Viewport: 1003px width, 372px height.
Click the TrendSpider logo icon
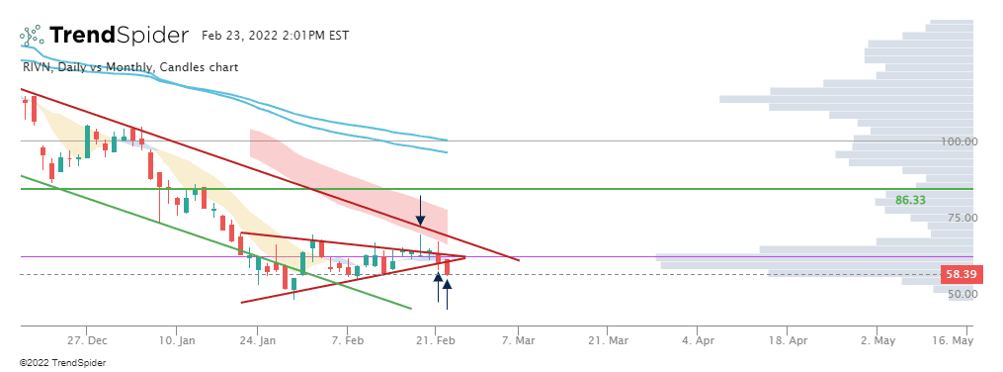32,36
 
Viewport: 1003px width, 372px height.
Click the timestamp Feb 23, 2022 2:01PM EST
275,36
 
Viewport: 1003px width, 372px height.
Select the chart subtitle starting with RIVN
130,67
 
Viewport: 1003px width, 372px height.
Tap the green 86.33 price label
909,200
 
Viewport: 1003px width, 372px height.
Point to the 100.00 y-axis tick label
958,141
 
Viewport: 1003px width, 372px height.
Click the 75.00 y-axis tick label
958,218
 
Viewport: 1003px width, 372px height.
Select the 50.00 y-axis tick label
958,294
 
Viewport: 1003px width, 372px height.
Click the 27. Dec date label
86,340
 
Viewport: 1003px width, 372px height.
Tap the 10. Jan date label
176,340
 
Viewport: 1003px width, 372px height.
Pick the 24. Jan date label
257,340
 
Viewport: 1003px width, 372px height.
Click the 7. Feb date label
347,340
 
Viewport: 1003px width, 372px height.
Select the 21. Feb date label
436,340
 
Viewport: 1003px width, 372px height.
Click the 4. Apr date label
698,340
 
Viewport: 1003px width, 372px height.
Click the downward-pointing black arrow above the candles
420,211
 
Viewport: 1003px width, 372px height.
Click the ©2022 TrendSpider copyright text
62,363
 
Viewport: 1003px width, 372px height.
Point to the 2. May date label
877,340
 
